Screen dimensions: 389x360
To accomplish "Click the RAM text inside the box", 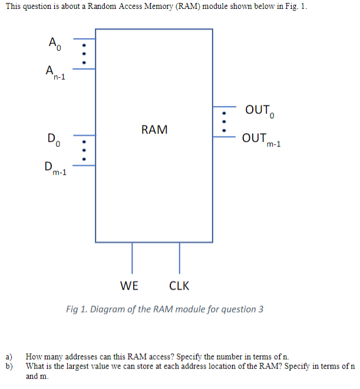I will pos(154,129).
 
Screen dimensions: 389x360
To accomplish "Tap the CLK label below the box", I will pos(179,286).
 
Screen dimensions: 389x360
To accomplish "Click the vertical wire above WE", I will pos(131,257).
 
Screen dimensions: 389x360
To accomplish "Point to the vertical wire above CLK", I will pos(179,257).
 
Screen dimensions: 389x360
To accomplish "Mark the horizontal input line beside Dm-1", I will pos(84,165).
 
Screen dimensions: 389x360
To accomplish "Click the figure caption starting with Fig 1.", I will pos(164,310).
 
